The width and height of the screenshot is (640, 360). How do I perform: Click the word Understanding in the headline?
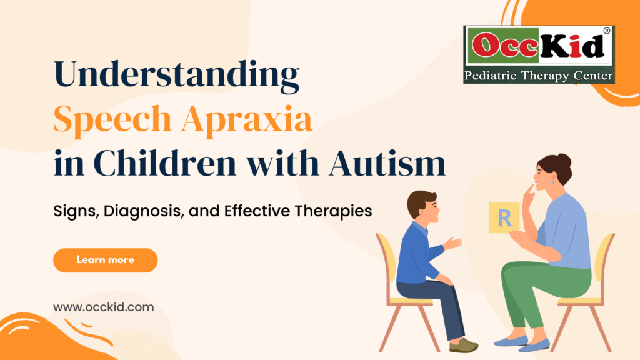point(176,75)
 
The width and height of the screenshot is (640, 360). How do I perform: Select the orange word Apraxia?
point(247,119)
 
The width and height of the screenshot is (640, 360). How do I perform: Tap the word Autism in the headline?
point(387,163)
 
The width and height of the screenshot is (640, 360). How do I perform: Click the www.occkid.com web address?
point(104,307)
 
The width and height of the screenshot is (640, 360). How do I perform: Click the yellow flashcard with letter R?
point(504,217)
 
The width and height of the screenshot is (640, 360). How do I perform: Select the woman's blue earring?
point(553,181)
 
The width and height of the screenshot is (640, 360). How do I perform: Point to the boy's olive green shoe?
point(463,346)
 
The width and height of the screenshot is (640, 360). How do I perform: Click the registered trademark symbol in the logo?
point(607,31)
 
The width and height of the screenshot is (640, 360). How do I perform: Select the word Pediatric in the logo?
point(490,76)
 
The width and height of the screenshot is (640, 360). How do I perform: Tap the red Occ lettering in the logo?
point(505,45)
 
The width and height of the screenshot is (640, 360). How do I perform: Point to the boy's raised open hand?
point(452,243)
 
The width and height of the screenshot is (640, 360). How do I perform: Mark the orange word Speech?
point(112,120)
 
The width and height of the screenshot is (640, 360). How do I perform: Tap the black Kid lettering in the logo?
point(572,44)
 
